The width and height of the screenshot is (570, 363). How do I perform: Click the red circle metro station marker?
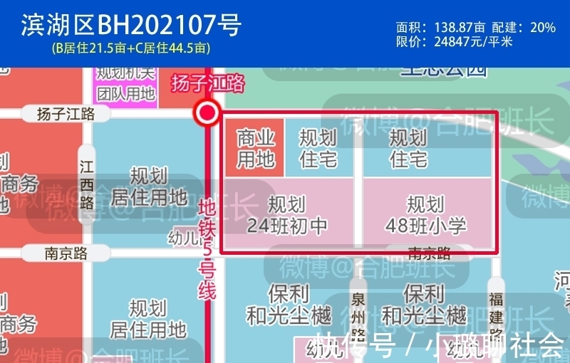click(208, 112)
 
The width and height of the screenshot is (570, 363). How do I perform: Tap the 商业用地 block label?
click(255, 148)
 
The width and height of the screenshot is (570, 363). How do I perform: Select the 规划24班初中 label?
click(287, 216)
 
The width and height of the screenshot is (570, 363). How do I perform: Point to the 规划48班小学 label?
click(426, 216)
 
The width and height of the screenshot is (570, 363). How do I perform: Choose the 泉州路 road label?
click(358, 317)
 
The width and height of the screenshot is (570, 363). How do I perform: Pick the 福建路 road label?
click(496, 317)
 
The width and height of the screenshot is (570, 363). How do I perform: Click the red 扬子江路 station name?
click(207, 84)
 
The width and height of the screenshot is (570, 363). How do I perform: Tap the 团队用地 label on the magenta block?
click(126, 93)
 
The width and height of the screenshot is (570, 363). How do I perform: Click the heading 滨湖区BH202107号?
click(131, 26)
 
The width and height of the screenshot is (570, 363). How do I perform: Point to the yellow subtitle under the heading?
click(131, 48)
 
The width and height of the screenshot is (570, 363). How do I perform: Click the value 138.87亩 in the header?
click(460, 27)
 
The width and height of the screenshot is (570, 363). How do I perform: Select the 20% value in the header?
click(542, 27)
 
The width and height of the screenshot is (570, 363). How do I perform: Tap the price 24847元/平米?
click(473, 41)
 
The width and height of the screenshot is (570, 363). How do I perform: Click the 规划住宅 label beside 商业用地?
click(318, 148)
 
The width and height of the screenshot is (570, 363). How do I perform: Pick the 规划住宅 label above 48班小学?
click(408, 148)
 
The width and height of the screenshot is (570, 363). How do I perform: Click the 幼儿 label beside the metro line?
click(184, 238)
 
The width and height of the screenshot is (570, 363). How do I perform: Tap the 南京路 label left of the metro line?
click(66, 253)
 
